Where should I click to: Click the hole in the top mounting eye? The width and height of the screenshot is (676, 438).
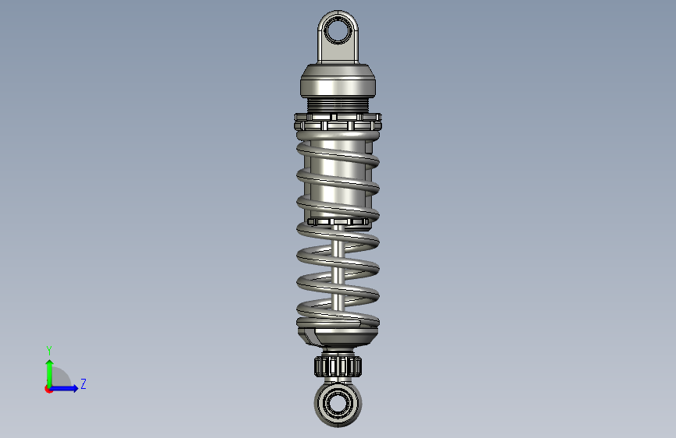point(338,31)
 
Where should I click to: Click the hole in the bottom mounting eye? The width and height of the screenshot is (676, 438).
point(338,404)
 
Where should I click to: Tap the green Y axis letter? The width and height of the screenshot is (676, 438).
point(49,351)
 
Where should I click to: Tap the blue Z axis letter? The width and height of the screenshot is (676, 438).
point(83,383)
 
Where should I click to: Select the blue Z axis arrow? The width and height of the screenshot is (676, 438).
point(65,388)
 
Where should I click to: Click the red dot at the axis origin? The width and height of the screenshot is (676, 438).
point(48,389)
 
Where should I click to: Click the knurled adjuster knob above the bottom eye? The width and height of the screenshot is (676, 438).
point(338,366)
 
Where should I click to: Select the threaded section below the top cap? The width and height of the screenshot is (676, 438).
point(338,104)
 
